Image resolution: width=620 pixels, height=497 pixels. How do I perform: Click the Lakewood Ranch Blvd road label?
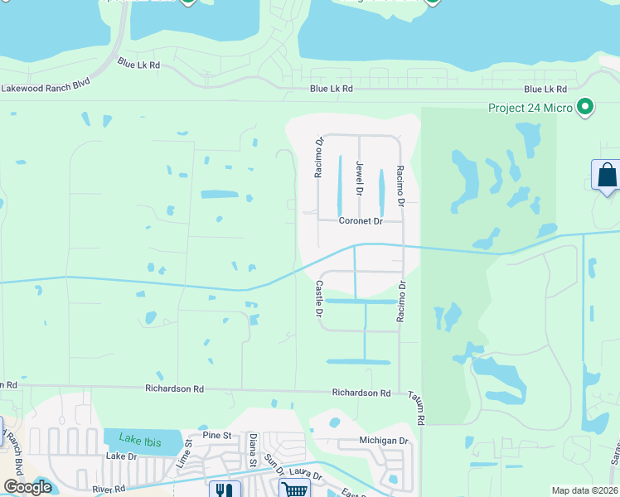[46, 86]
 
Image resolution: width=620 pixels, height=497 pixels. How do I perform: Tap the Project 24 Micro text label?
[530, 107]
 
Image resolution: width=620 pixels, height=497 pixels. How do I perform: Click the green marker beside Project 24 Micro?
[586, 107]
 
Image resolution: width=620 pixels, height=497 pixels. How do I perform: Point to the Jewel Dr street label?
[360, 178]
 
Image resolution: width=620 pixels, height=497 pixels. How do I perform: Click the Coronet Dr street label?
[360, 221]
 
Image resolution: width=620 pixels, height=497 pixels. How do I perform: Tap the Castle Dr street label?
[318, 298]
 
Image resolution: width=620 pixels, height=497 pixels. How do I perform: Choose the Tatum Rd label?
[415, 409]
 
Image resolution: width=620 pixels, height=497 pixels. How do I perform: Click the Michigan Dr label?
[384, 441]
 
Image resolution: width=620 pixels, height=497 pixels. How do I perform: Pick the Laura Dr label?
[305, 475]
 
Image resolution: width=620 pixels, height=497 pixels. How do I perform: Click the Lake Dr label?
[120, 456]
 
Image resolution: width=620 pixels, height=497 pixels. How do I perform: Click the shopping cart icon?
[295, 489]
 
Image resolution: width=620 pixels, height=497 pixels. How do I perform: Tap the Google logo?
[27, 487]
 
